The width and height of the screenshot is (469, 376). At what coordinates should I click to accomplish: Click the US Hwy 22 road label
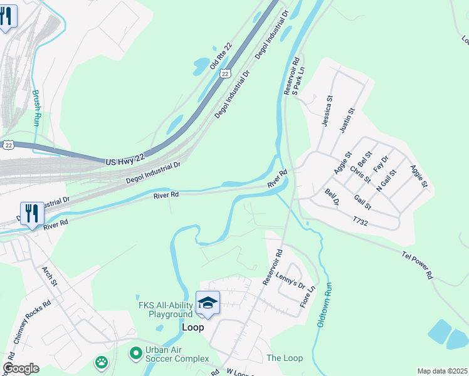130,162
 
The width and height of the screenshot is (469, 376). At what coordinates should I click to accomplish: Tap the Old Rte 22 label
221,56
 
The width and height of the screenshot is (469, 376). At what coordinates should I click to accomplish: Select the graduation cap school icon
208,304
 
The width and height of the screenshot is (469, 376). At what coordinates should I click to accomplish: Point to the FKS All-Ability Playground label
165,310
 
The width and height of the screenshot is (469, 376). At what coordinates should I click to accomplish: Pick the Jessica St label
327,112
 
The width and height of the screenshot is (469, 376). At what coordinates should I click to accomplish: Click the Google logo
21,368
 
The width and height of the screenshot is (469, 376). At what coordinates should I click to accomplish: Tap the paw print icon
100,362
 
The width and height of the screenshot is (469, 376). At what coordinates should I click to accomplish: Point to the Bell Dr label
332,197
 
